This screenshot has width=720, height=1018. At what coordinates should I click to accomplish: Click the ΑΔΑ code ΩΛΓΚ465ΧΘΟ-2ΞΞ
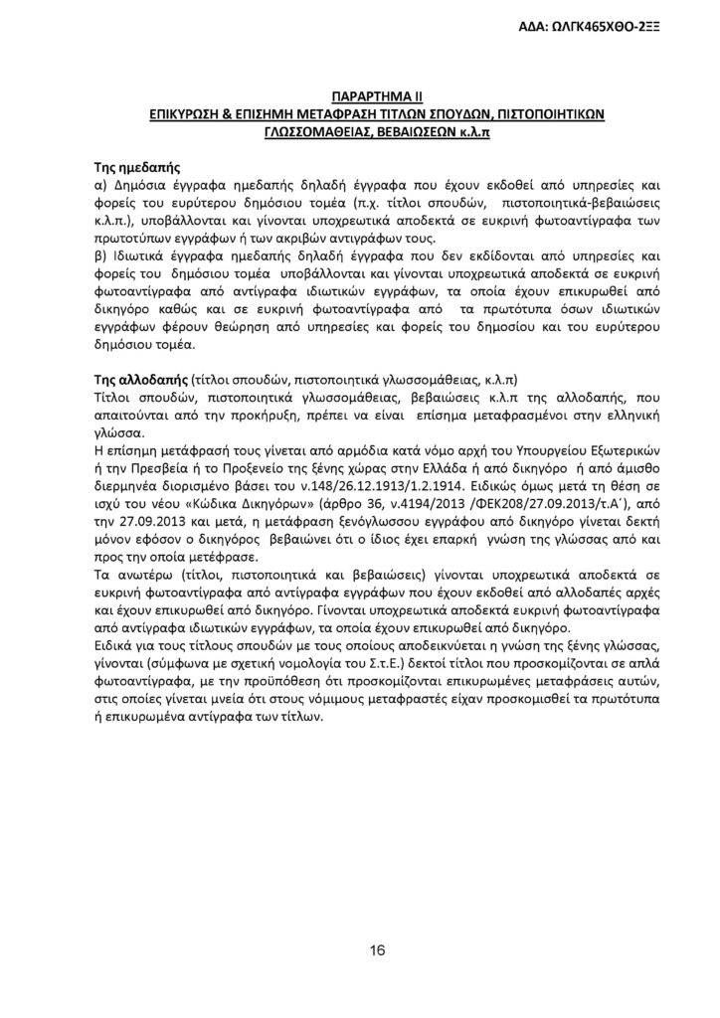619,26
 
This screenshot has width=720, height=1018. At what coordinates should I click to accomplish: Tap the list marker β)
99,254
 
